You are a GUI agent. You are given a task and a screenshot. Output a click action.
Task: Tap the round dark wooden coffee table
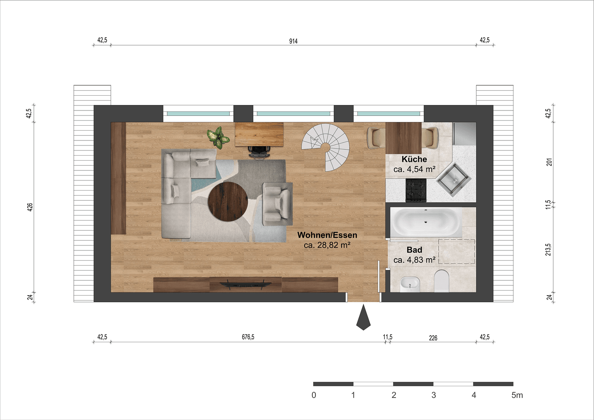(x=228, y=201)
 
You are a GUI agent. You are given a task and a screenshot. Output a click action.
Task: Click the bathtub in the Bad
(x=426, y=222)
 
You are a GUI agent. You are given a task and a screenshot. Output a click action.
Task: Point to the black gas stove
(x=416, y=190)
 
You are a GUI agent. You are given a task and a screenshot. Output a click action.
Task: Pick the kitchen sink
(x=454, y=178)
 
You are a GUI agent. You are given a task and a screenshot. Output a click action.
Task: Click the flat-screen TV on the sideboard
(x=245, y=285)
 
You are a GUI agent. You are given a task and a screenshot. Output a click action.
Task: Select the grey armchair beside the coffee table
(x=277, y=203)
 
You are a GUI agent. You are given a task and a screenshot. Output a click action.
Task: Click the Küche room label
(x=414, y=159)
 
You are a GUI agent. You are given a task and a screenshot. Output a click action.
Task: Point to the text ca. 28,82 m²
(x=327, y=245)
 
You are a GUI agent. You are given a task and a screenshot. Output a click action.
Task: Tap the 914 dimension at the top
(x=293, y=41)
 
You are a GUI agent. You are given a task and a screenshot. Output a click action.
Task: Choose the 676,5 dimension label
(x=248, y=337)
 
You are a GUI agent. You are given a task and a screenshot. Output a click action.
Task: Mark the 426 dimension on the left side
(x=30, y=206)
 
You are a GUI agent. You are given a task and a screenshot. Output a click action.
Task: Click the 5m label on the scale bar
(x=517, y=395)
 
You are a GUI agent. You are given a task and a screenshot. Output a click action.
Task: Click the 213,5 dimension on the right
(x=548, y=249)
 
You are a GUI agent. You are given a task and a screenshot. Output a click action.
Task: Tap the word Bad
(x=414, y=250)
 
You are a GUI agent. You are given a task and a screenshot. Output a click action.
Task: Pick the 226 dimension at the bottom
(x=433, y=338)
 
